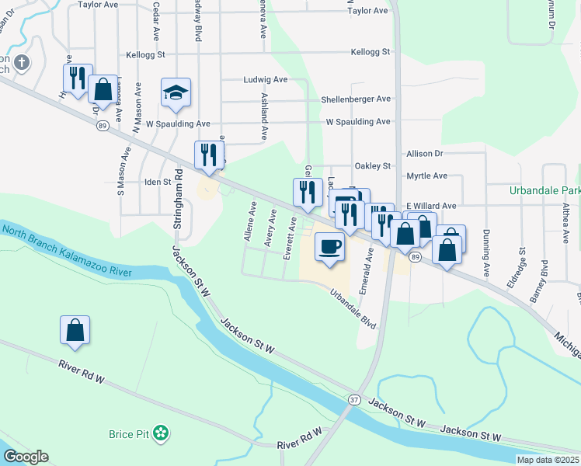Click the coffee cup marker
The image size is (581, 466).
(329, 247)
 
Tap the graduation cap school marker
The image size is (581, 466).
(176, 93)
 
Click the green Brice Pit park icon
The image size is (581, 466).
(161, 431)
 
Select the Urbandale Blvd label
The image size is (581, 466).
(352, 308)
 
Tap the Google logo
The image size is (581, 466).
(26, 457)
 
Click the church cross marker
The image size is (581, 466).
(21, 63)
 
